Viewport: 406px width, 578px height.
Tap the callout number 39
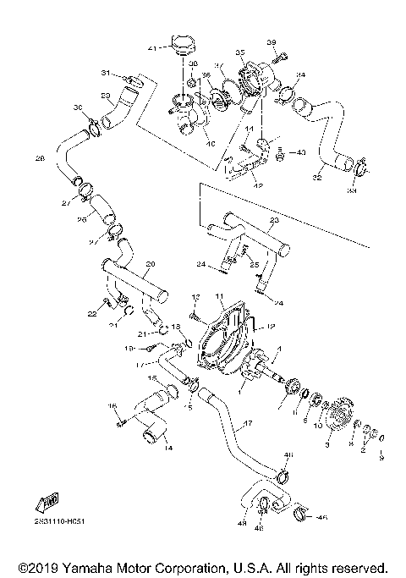click(272, 43)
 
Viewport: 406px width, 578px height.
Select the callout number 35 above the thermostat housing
click(239, 52)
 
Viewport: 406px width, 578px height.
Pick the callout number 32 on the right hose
click(318, 179)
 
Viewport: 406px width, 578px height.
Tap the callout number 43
click(301, 152)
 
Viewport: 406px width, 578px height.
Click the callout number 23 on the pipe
click(272, 220)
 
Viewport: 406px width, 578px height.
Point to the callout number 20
click(150, 262)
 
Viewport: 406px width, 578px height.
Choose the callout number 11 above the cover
click(217, 296)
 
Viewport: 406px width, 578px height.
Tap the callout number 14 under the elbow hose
click(167, 447)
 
